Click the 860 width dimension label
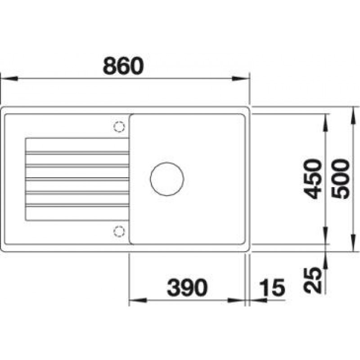123,66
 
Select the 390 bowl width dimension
187,287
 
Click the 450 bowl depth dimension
311,179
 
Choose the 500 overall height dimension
341,179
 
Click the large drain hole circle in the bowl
167,179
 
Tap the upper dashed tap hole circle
119,126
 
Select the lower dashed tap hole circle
119,231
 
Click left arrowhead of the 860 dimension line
9,78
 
